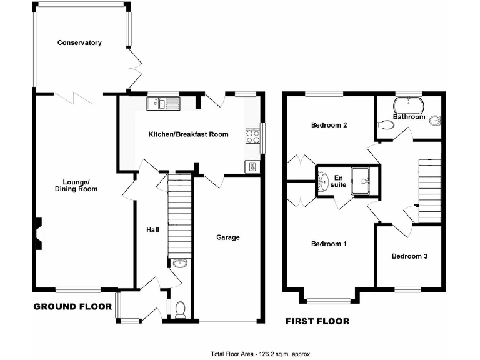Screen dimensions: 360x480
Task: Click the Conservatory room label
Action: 79,43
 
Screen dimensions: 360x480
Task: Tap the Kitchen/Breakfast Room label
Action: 188,134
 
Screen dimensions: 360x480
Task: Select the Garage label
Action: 228,237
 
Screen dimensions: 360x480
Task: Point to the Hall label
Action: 152,230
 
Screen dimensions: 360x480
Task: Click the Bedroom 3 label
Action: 410,256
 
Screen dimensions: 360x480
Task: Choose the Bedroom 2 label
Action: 329,125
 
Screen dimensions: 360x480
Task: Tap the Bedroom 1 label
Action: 329,244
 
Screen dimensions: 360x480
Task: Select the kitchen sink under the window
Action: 163,103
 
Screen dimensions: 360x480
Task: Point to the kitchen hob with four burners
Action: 253,136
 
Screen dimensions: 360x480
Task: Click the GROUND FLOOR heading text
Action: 72,307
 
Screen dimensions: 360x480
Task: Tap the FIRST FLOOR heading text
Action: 317,322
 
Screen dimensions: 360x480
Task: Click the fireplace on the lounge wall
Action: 39,232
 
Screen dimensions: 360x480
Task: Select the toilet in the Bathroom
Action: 386,126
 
